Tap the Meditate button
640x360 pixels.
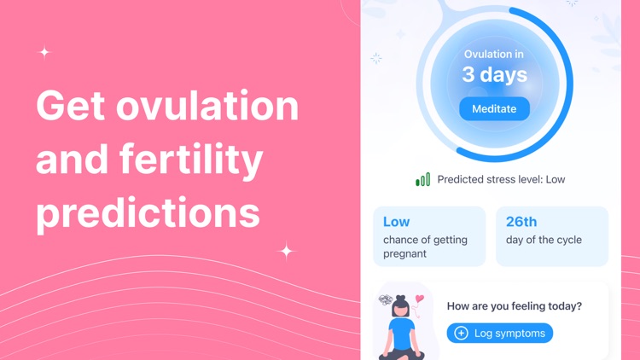[x=494, y=109]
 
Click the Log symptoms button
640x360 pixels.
[x=499, y=333]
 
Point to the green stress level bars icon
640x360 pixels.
[x=422, y=180]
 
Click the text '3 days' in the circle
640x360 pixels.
[x=494, y=75]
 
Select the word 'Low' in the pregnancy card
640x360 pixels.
[x=396, y=222]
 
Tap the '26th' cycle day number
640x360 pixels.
[x=521, y=222]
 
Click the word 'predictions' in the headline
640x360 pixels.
[x=148, y=212]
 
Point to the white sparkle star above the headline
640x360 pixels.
[x=44, y=52]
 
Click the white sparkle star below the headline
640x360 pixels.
[x=287, y=251]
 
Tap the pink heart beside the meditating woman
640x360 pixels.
[x=419, y=299]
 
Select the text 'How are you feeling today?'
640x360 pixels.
[x=515, y=306]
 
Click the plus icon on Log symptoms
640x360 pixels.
[x=462, y=333]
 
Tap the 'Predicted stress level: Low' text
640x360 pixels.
[x=501, y=180]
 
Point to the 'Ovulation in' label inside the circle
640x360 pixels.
[x=494, y=55]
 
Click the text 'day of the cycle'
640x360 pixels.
[x=544, y=241]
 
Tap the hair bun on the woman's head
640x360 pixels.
[x=400, y=299]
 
